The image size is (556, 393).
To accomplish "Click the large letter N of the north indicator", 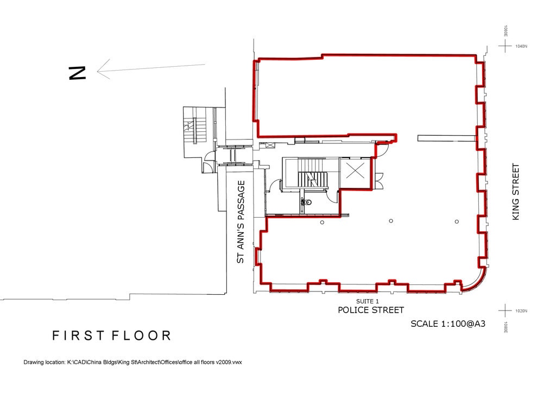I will [78, 73].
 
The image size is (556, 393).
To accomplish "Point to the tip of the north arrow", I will [98, 70].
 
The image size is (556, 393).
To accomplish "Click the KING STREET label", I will [516, 192].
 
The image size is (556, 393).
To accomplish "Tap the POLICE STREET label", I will [371, 310].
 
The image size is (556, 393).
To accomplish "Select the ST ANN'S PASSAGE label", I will [241, 222].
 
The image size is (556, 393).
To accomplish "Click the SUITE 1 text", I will [367, 301].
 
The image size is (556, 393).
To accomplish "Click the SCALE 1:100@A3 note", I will [447, 324].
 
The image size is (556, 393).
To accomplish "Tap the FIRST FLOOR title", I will [111, 335].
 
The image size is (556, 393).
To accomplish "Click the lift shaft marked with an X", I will [355, 172].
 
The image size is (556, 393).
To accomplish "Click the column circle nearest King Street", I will [457, 221].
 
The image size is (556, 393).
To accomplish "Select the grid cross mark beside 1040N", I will [506, 46].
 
